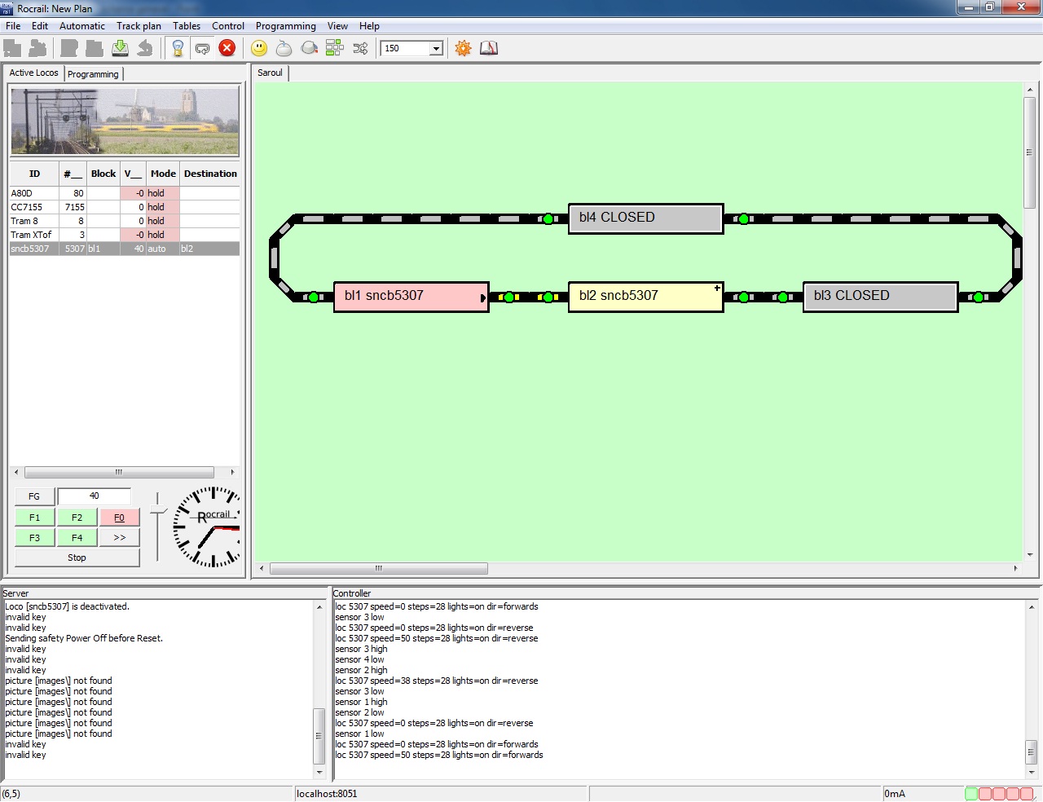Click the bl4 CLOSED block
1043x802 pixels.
[x=645, y=218]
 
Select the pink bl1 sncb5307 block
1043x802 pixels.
[x=411, y=297]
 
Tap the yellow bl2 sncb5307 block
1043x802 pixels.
[x=645, y=297]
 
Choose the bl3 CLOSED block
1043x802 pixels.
[x=880, y=297]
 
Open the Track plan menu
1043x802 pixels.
[x=139, y=26]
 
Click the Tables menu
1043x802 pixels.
[x=187, y=26]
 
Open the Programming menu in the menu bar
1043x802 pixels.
[x=285, y=26]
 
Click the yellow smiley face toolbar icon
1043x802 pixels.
[x=259, y=48]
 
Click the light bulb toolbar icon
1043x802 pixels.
[x=178, y=48]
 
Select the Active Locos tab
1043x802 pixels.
[x=33, y=73]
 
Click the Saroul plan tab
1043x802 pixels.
[x=270, y=73]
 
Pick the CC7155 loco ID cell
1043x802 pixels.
[x=26, y=207]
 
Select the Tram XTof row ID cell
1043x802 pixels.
[x=31, y=235]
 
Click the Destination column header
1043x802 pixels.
[x=210, y=174]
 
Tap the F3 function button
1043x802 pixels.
[x=34, y=538]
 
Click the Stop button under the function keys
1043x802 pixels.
[x=77, y=557]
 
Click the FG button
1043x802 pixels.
[x=34, y=496]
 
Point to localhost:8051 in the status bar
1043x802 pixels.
[x=327, y=794]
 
